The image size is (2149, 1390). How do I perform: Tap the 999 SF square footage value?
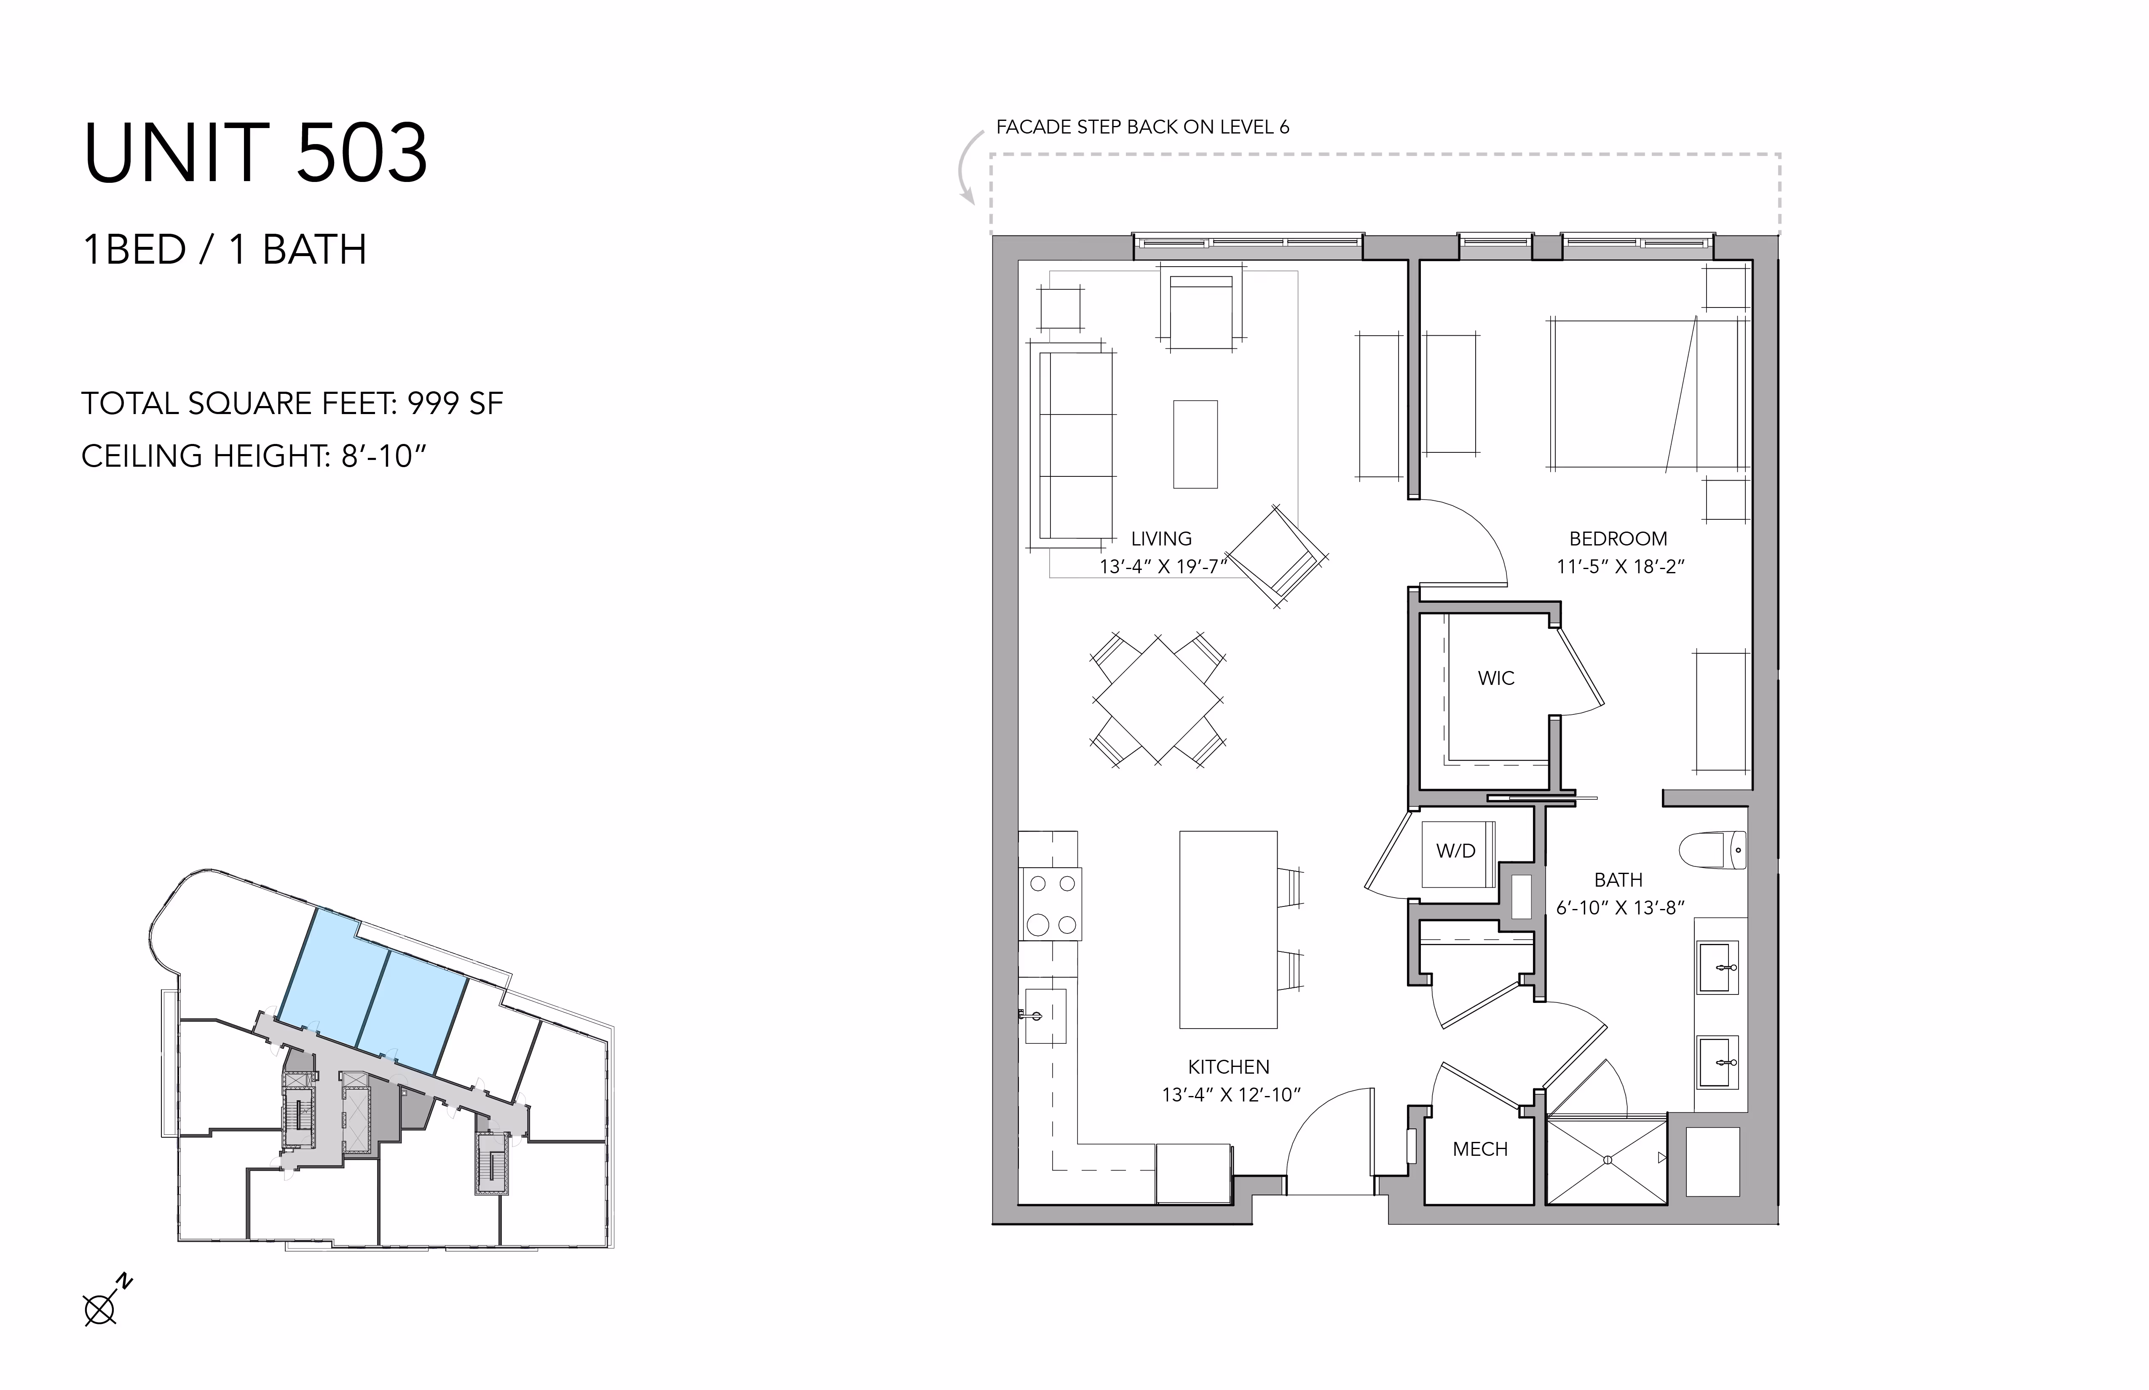pos(455,404)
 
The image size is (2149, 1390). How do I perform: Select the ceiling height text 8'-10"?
pos(383,456)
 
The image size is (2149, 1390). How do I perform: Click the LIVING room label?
pos(1161,539)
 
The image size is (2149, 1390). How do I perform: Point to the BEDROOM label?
pos(1618,539)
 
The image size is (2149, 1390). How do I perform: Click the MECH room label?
pos(1480,1149)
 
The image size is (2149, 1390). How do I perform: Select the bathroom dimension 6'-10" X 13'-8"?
pos(1620,908)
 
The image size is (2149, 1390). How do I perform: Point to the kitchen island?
pos(1228,930)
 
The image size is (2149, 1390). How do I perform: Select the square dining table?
pos(1158,700)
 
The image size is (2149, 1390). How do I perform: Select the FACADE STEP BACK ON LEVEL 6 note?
pos(1142,127)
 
